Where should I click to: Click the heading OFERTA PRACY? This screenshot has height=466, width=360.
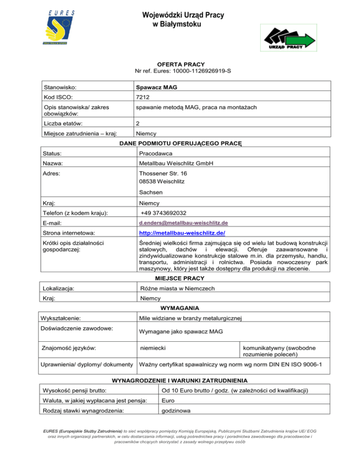tap(180, 64)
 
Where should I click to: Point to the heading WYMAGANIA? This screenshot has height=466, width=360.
tap(180, 308)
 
